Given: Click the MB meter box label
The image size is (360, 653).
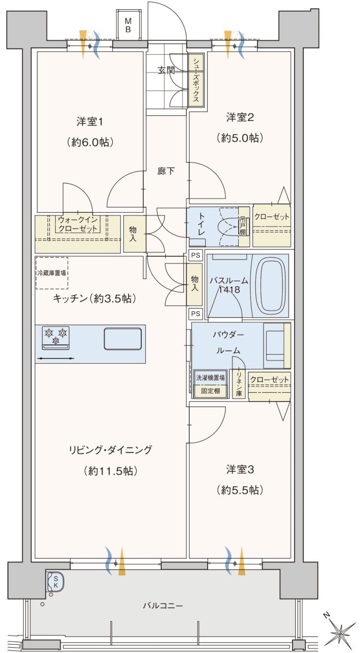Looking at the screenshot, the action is click(128, 25).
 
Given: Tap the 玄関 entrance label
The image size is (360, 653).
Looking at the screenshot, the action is click(166, 70).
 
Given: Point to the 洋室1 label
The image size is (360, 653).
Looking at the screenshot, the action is click(89, 121).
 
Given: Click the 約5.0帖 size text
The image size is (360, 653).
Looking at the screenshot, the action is click(240, 138).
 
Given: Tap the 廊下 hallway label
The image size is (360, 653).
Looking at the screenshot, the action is click(166, 171).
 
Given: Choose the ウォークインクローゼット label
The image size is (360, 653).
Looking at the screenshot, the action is click(78, 224).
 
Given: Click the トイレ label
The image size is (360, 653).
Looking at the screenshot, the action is click(201, 224).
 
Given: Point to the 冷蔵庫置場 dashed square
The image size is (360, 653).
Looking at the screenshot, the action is click(52, 273).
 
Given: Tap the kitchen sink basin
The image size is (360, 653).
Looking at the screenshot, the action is click(123, 338).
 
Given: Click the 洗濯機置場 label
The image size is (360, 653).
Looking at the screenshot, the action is click(210, 378).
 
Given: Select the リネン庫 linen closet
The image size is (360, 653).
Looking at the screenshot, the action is click(239, 384).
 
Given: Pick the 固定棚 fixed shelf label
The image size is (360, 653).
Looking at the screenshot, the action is click(210, 391).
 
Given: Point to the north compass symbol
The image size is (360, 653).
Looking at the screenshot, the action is click(339, 632).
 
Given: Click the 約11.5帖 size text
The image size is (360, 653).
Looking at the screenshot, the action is click(110, 471).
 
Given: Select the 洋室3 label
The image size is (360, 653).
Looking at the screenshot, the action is click(240, 469).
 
